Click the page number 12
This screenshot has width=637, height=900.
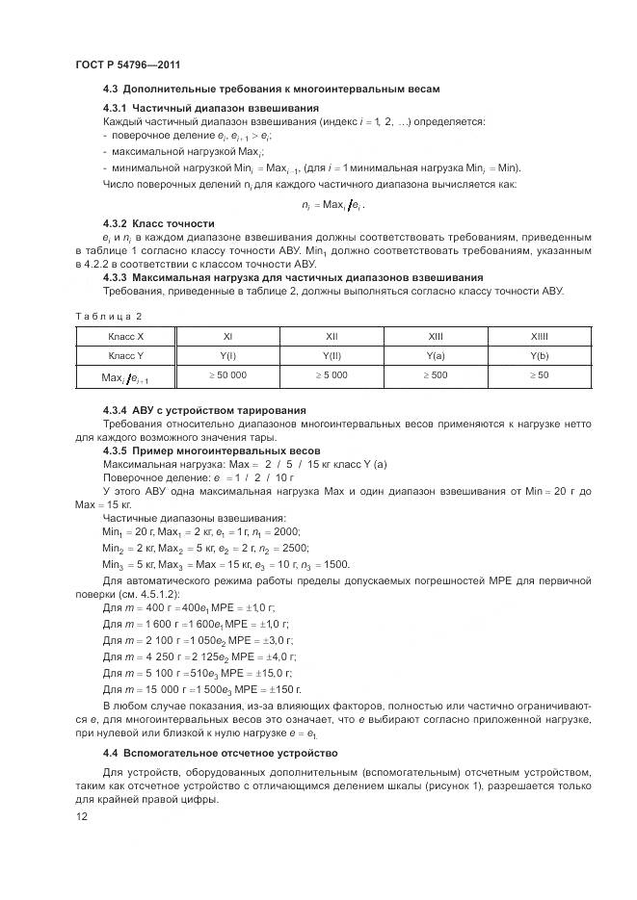(81, 816)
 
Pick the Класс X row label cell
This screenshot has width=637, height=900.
(126, 337)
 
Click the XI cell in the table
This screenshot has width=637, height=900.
(227, 337)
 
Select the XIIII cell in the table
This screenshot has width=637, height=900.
(539, 337)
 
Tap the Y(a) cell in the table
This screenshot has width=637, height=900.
(435, 355)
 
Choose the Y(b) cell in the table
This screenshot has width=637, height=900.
(539, 355)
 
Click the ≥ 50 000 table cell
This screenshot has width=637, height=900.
(227, 375)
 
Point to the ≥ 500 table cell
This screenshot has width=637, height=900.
(435, 375)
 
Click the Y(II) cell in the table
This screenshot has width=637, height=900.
(332, 355)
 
